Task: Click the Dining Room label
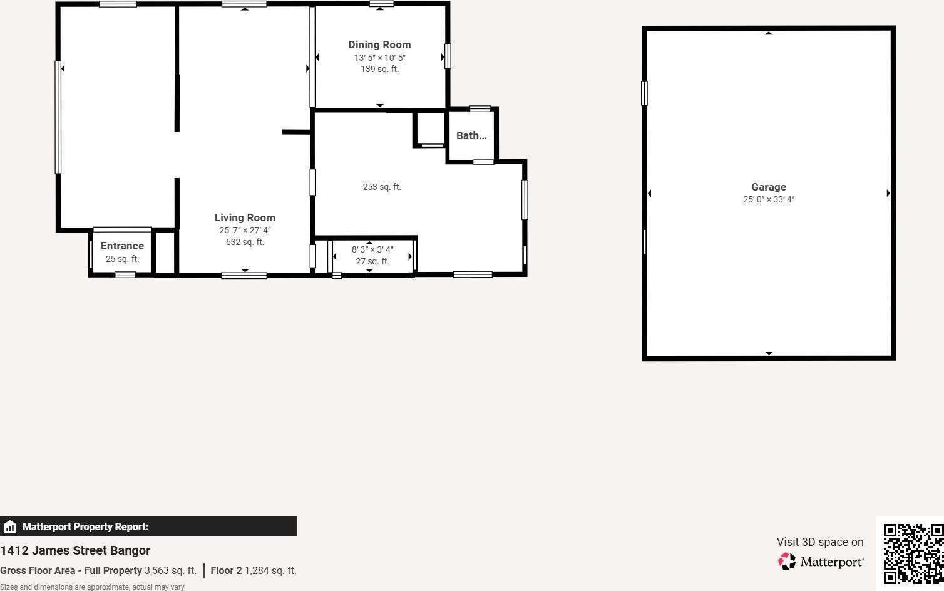[379, 44]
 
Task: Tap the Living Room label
[245, 217]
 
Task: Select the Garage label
[768, 187]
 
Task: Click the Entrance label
[122, 246]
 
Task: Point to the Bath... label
[471, 135]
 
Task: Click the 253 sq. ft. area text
[381, 187]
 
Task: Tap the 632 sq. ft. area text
[245, 242]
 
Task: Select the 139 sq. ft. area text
[379, 69]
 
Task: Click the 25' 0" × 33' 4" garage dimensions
[768, 199]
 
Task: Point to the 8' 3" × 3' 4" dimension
[372, 249]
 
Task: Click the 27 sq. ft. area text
[372, 261]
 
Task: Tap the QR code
[913, 553]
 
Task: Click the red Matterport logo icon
[786, 561]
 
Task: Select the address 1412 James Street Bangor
[75, 550]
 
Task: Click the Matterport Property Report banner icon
[10, 526]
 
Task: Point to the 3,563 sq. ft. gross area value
[170, 570]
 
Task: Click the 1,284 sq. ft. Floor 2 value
[270, 570]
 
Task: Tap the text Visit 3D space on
[819, 541]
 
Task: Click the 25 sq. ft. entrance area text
[122, 259]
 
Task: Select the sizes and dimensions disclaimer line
[92, 587]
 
